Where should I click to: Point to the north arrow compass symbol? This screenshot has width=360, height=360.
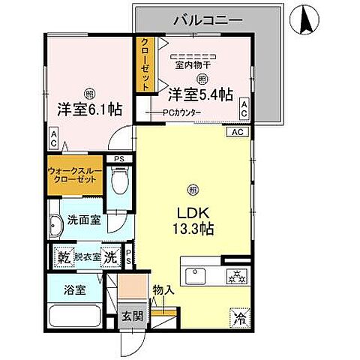(307, 18)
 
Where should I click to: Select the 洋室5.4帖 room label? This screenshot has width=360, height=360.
(200, 94)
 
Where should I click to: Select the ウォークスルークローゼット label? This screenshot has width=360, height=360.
(75, 175)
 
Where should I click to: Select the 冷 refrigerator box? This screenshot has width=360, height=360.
(238, 317)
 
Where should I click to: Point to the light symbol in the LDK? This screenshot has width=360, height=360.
(193, 188)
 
